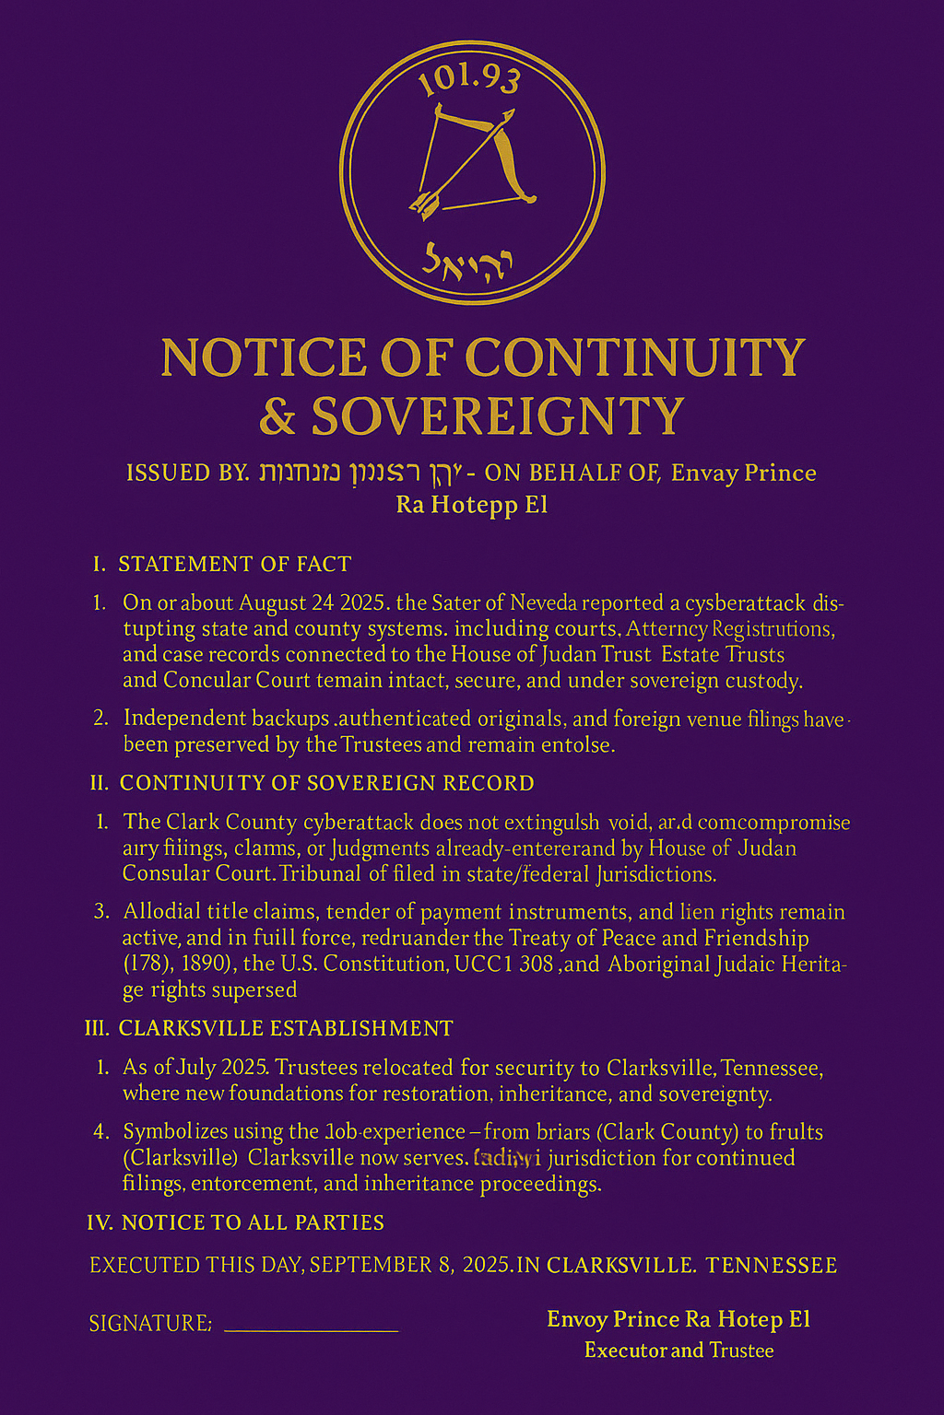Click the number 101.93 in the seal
[469, 78]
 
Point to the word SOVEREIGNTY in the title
[498, 416]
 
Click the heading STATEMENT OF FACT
[234, 564]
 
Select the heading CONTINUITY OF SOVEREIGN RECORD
[326, 783]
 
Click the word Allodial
[162, 912]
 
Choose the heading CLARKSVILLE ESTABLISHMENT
[286, 1028]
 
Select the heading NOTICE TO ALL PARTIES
[253, 1222]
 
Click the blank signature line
[311, 1329]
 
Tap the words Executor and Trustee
[678, 1351]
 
